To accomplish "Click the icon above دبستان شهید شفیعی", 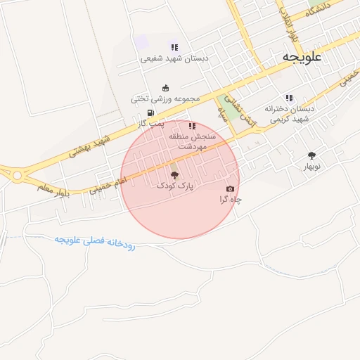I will pyautogui.click(x=174, y=47).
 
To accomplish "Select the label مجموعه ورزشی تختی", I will pyautogui.click(x=165, y=99).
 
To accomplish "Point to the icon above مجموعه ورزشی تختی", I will pyautogui.click(x=165, y=88).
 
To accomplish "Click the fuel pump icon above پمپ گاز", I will pyautogui.click(x=150, y=112).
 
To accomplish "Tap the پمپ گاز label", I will pyautogui.click(x=150, y=124).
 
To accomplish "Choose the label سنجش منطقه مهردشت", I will pyautogui.click(x=201, y=142).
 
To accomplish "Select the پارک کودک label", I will pyautogui.click(x=175, y=186).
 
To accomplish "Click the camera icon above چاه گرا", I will pyautogui.click(x=231, y=188).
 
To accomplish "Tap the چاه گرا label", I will pyautogui.click(x=231, y=200).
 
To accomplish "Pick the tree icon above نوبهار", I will pyautogui.click(x=311, y=155).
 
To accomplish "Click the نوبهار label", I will pyautogui.click(x=311, y=167).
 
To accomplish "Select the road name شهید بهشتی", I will pyautogui.click(x=91, y=142).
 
